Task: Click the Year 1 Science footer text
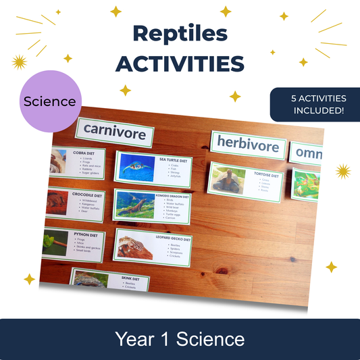(180, 338)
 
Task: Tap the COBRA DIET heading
(86, 153)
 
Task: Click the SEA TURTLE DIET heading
(172, 160)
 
